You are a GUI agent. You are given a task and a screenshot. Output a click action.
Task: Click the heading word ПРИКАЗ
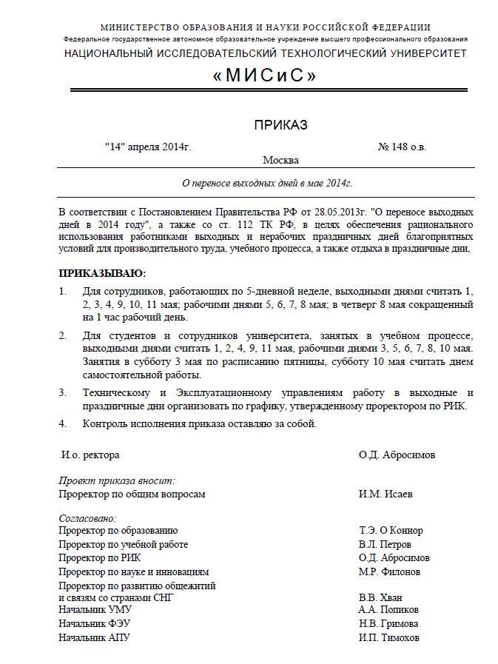280,125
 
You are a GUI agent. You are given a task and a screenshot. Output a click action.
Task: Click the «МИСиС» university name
264,76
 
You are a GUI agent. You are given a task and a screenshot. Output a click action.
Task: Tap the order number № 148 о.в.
402,147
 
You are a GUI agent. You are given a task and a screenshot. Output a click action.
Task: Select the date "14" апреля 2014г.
148,147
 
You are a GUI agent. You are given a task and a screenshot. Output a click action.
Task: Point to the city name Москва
280,160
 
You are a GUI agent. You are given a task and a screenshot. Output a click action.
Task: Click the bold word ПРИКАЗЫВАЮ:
102,273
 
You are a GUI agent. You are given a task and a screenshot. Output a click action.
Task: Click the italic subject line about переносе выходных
267,183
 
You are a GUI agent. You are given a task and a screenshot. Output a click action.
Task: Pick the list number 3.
63,392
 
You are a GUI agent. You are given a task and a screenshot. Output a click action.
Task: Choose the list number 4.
63,423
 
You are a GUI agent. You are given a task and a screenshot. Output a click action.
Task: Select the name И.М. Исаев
386,494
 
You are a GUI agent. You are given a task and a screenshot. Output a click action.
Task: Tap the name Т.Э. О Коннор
391,530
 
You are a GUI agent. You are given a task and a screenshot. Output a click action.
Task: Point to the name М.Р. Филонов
389,571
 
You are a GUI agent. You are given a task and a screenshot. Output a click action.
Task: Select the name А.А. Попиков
388,610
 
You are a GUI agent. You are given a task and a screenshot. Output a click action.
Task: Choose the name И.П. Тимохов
388,637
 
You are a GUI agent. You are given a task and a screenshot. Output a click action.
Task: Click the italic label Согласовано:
87,518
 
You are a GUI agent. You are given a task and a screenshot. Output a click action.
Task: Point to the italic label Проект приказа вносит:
116,480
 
